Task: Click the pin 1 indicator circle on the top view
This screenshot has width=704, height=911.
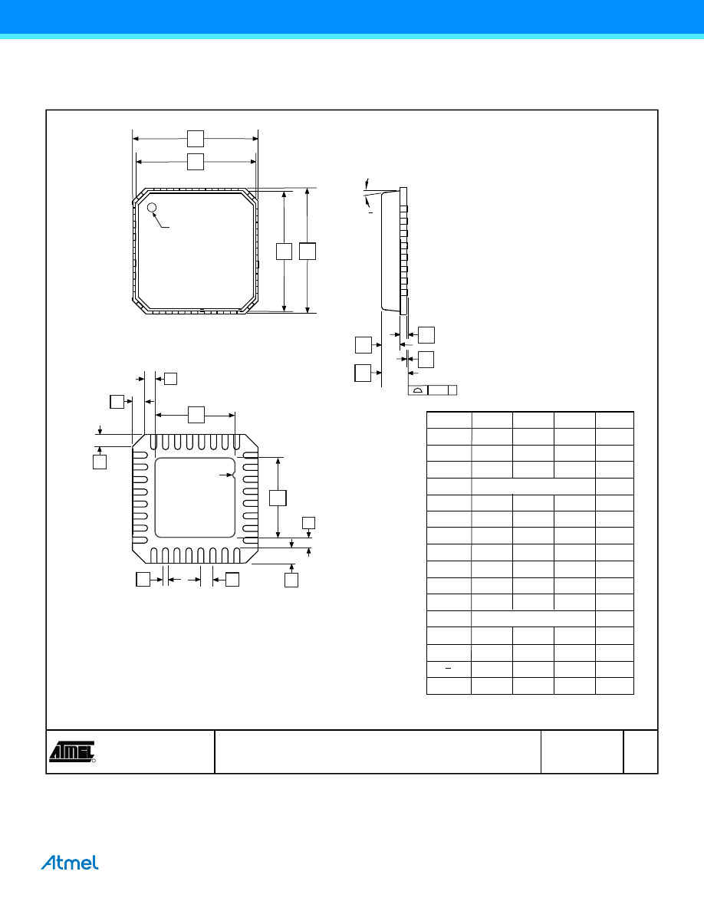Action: pos(152,207)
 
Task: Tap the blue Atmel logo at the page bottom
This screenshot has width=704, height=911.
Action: pos(70,863)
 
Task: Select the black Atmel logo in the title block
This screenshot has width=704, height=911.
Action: pos(72,751)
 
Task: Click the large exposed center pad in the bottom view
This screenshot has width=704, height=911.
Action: pos(195,498)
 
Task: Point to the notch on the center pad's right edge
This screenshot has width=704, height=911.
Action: pos(233,475)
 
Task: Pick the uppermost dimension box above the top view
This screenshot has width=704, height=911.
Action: pos(196,139)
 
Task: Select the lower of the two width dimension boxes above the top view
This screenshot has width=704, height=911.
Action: pos(196,162)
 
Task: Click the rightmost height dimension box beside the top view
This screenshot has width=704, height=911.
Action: pos(308,252)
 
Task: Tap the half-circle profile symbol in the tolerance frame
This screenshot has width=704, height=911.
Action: pos(417,390)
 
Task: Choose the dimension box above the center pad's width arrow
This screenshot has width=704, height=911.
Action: pos(196,415)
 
